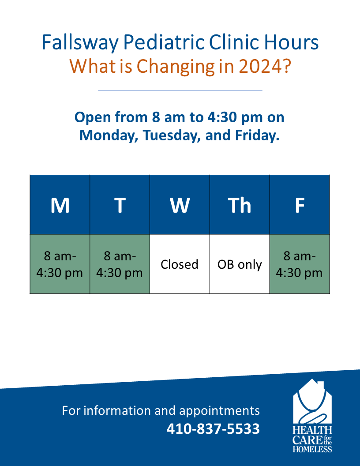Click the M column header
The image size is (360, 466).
[x=60, y=205]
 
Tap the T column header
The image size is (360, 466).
[x=120, y=205]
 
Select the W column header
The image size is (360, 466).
[x=180, y=205]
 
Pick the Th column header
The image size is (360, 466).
[x=240, y=205]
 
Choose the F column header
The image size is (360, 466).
[x=300, y=205]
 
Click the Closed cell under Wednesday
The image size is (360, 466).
[x=180, y=264]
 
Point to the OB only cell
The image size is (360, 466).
[x=240, y=264]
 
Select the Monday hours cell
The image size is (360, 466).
[x=60, y=264]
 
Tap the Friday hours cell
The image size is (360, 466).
[x=300, y=264]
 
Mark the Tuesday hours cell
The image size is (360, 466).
[x=120, y=264]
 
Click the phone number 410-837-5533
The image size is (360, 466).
[x=213, y=428]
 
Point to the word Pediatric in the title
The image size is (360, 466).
[x=164, y=43]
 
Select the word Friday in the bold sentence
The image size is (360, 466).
[x=257, y=135]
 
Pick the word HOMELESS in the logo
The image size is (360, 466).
[x=312, y=449]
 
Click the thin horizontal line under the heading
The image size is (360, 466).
[x=180, y=90]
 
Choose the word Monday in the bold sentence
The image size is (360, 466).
[x=109, y=135]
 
